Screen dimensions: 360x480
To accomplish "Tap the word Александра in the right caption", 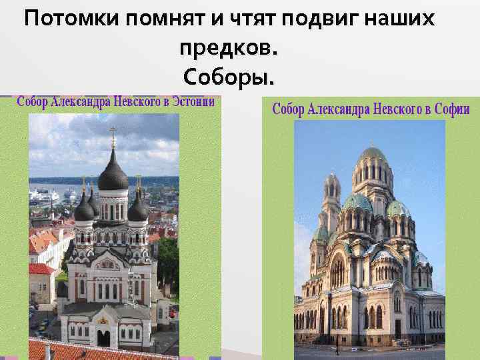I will pyautogui.click(x=337, y=109).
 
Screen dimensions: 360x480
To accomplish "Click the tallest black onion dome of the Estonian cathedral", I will pyautogui.click(x=113, y=175).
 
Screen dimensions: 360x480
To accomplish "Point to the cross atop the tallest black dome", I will pyautogui.click(x=113, y=135).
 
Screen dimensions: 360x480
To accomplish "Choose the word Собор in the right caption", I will pyautogui.click(x=288, y=109).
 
